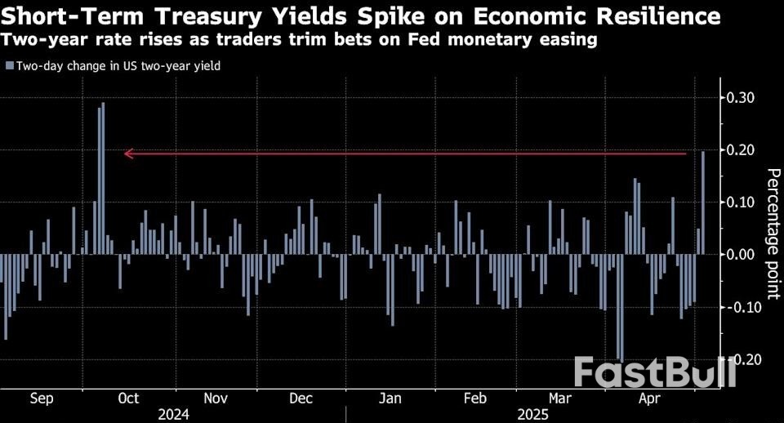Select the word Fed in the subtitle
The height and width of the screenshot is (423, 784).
(437, 40)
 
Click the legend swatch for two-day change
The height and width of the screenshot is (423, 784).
(9, 66)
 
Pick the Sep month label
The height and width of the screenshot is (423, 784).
(42, 399)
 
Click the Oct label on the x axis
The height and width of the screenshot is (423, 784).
(128, 399)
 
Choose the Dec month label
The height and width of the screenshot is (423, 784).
(301, 399)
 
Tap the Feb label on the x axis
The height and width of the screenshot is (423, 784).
(474, 399)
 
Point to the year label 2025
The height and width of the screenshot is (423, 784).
(532, 414)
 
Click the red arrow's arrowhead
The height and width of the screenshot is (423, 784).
(127, 154)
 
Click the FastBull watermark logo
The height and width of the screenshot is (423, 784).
(654, 372)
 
